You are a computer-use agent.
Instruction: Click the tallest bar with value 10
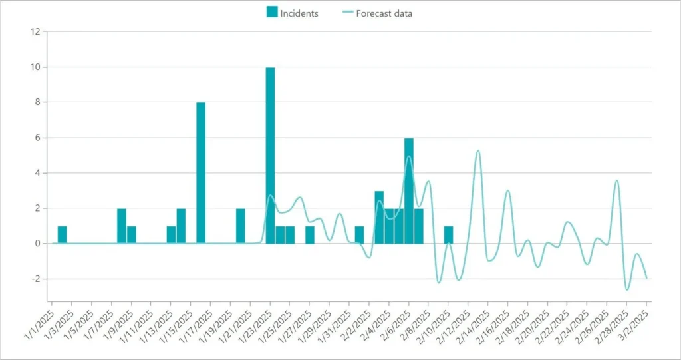270,155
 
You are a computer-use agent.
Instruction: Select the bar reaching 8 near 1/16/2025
201,173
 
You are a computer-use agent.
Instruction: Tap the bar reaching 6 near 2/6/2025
408,190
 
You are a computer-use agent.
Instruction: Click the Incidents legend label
299,13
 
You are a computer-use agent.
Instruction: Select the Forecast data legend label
384,13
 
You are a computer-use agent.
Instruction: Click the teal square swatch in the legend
271,12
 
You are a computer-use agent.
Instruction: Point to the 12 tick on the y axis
35,31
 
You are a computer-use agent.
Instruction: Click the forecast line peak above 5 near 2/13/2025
477,151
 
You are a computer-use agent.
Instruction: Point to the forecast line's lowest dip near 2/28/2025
626,289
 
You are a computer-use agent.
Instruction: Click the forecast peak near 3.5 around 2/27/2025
617,180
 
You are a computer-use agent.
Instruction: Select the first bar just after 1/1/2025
62,235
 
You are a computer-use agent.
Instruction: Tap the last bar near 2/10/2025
448,235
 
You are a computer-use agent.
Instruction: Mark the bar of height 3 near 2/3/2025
379,217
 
